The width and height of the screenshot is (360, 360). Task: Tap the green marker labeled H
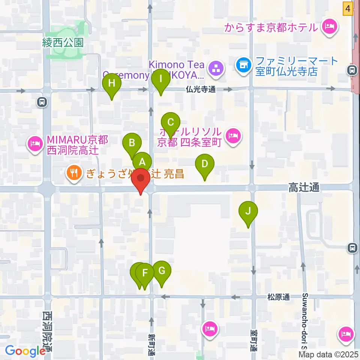point(112,84)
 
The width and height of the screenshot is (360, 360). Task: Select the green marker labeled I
point(161,80)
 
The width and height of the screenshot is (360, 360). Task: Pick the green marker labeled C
point(171,123)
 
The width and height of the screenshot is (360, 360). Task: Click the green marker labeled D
point(205,165)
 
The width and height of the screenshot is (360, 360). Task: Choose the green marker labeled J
point(248,212)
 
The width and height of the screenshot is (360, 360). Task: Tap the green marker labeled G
point(162,271)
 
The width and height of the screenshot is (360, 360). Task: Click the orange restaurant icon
point(73,172)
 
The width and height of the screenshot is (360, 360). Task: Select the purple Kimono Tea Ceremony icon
point(216,69)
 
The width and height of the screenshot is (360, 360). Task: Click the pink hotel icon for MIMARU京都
point(36,144)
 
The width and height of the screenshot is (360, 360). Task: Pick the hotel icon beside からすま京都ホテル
point(330,27)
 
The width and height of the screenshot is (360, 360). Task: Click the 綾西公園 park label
point(63,43)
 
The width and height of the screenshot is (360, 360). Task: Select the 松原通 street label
point(279,297)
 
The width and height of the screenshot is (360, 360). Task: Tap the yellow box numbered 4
point(348,9)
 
